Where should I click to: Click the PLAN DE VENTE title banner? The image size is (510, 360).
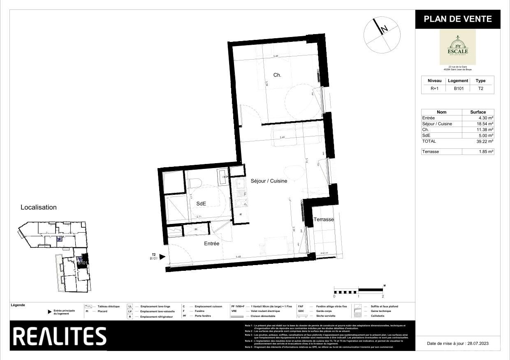tap(457, 19)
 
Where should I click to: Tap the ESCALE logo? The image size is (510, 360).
tap(457, 46)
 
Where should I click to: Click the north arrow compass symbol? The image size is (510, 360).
tap(382, 35)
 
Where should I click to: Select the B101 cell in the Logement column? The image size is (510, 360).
tap(458, 88)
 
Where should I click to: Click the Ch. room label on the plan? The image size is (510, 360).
tap(277, 75)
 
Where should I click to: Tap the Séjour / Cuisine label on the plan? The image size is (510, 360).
tap(269, 181)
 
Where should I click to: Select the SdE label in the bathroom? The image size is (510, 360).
tap(201, 203)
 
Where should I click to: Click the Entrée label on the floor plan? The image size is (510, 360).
tap(211, 244)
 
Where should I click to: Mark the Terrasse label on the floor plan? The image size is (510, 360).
tap(324, 219)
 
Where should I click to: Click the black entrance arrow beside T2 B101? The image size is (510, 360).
tap(162, 257)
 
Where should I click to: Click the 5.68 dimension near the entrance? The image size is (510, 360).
tap(238, 257)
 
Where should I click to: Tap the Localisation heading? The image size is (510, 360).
tap(39, 207)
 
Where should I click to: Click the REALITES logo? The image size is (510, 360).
tap(60, 336)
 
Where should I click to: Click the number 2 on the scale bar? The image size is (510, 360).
tap(383, 296)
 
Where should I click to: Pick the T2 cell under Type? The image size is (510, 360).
tap(480, 88)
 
